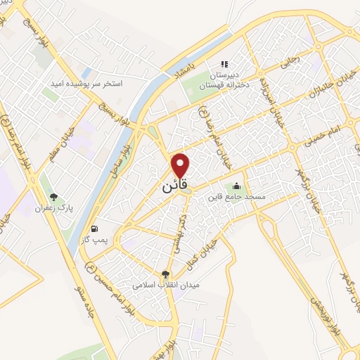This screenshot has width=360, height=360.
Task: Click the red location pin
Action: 181,165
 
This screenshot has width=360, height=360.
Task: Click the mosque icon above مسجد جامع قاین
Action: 236,186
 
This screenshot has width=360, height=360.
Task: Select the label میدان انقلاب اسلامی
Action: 167,286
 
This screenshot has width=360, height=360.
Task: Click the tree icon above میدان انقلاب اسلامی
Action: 166,275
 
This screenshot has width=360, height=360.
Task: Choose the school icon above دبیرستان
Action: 226,65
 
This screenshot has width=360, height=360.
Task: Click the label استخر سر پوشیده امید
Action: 86,83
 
